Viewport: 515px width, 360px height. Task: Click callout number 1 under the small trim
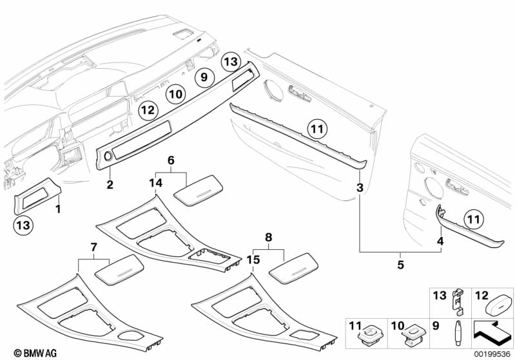coord(58,209)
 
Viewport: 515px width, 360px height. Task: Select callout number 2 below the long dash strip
coord(110,185)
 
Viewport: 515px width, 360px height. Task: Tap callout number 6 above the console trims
coord(171,159)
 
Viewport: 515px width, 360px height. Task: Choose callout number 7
coord(93,247)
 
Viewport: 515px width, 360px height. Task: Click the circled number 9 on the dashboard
coord(203,77)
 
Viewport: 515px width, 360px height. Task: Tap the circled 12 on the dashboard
coord(147,110)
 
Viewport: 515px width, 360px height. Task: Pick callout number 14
coord(155,183)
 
